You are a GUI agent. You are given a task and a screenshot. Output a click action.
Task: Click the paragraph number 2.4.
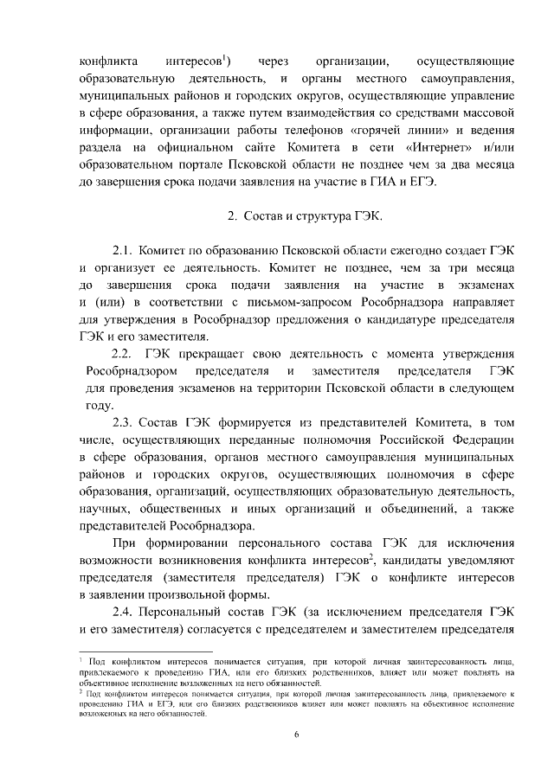coord(126,612)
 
